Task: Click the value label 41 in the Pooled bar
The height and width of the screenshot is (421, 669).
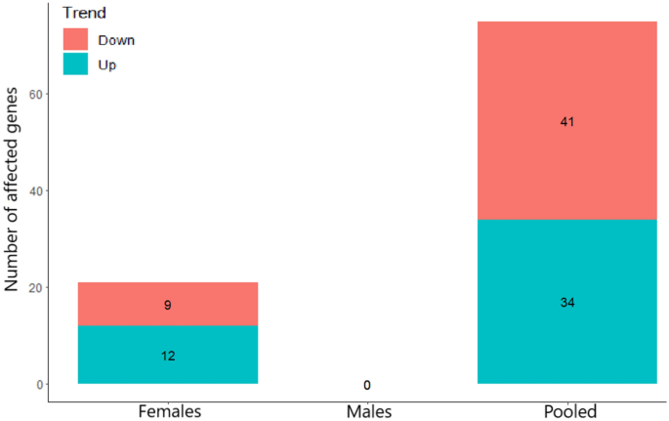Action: [x=566, y=123]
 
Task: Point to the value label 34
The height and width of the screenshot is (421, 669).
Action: [x=566, y=303]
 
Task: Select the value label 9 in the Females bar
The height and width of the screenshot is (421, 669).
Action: [x=168, y=305]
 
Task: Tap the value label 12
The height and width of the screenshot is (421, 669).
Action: [x=168, y=356]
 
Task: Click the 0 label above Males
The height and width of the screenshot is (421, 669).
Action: [x=367, y=386]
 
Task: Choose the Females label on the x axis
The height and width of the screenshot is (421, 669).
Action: [x=168, y=411]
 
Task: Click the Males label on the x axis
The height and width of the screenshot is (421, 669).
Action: [x=367, y=411]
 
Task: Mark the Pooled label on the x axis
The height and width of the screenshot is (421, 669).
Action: [x=566, y=411]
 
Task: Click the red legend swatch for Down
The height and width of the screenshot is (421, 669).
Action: [x=77, y=39]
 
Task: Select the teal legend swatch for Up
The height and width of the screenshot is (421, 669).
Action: [x=77, y=63]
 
